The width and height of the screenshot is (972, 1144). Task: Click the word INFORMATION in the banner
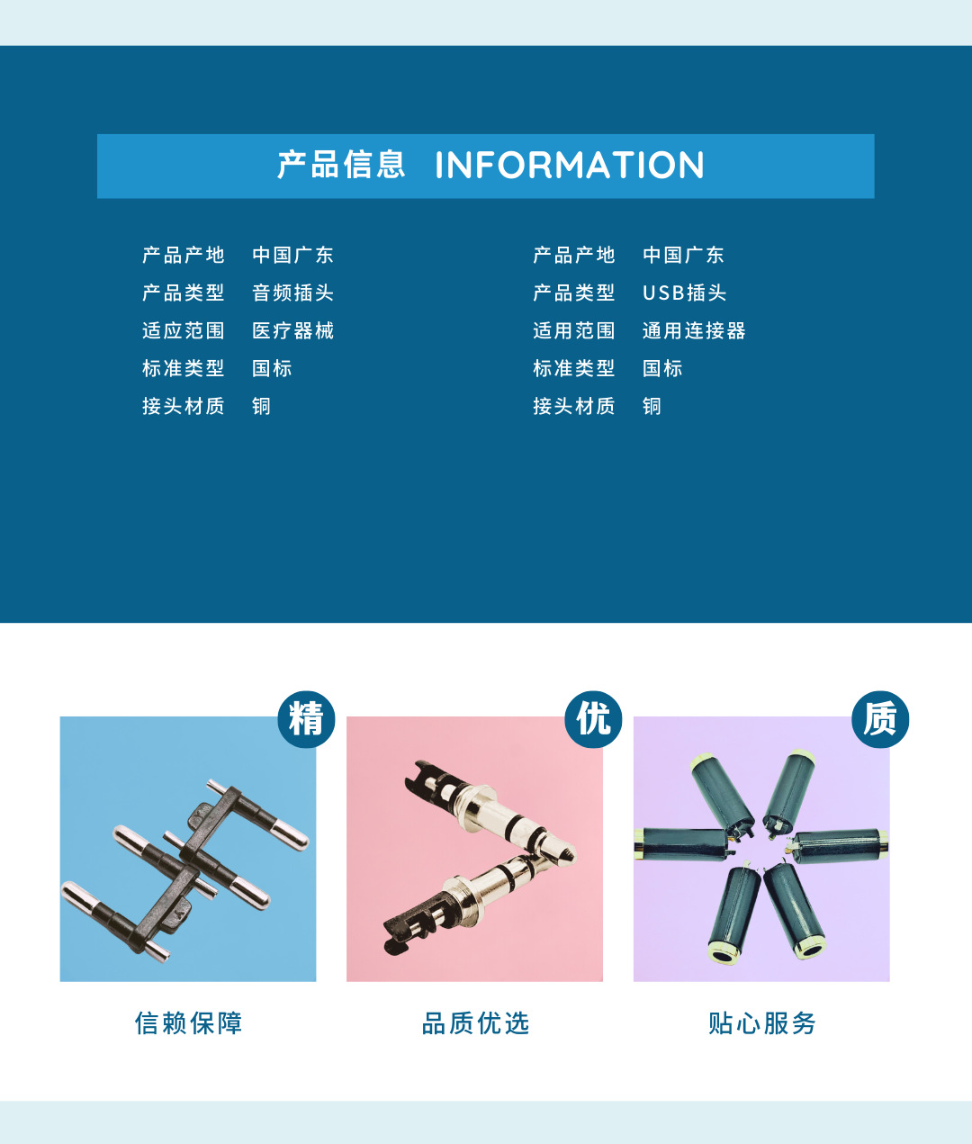569,166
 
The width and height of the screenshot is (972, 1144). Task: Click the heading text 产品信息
341,166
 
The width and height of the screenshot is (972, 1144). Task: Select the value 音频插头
292,293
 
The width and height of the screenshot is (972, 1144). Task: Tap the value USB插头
684,293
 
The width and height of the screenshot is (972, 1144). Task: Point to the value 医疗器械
292,330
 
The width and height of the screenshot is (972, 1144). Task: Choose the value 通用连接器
694,330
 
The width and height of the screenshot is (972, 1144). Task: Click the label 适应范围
183,330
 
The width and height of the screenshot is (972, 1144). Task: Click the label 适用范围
573,330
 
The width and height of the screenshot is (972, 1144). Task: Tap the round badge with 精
306,719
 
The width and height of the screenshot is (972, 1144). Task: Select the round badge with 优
593,719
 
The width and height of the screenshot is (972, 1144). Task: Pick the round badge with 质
880,719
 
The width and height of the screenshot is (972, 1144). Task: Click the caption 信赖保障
188,1023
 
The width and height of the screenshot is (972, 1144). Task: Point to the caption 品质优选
475,1023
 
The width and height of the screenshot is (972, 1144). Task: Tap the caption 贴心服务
762,1023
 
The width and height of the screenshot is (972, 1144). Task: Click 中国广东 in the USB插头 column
683,255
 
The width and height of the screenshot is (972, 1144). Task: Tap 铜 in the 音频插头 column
261,406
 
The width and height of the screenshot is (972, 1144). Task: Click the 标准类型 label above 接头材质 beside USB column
573,368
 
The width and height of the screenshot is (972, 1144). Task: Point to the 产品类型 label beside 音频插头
183,293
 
